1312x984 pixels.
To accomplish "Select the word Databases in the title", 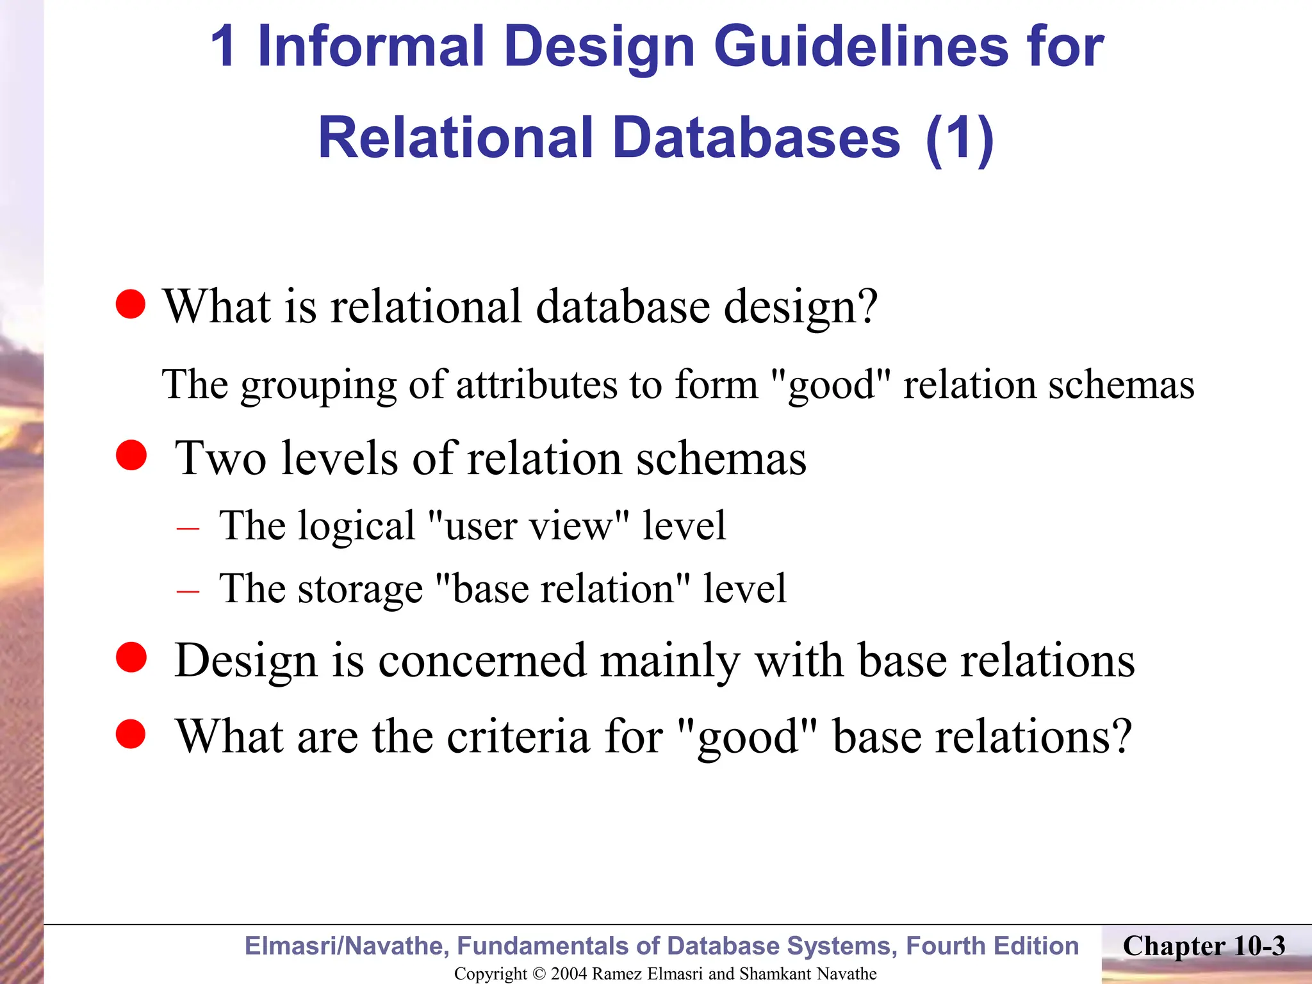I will click(x=756, y=138).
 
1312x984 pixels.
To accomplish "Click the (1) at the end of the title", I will click(x=959, y=138).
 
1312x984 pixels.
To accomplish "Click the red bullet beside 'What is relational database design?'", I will click(x=131, y=304).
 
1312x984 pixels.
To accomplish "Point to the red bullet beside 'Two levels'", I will click(x=131, y=455).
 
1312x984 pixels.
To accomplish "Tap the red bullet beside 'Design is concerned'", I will click(x=131, y=657).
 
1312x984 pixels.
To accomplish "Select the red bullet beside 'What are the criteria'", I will click(x=131, y=734).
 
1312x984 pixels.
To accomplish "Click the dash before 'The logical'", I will click(x=188, y=529).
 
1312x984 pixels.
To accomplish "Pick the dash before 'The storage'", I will click(x=188, y=591).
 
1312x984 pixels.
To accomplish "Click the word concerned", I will click(x=482, y=660).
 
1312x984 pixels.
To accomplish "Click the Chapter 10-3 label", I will click(x=1204, y=946).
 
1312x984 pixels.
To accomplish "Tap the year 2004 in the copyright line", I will click(x=569, y=974).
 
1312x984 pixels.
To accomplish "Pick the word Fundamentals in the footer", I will click(x=557, y=946).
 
